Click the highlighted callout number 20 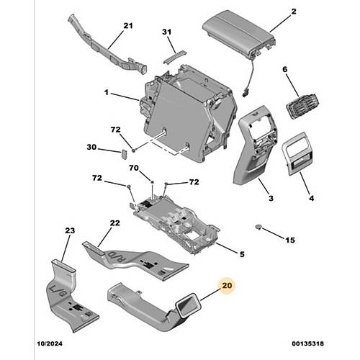click(x=227, y=285)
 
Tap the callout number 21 click(x=128, y=25)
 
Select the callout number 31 click(x=167, y=32)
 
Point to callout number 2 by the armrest click(x=294, y=12)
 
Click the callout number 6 click(x=284, y=69)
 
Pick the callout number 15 click(x=290, y=240)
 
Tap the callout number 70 click(x=134, y=168)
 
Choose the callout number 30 click(x=91, y=147)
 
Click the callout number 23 click(x=70, y=230)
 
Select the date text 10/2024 click(x=50, y=343)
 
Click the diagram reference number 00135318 click(x=307, y=343)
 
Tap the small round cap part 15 click(x=258, y=227)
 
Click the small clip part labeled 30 click(x=124, y=154)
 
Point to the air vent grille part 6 click(x=302, y=106)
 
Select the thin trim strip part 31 click(x=174, y=57)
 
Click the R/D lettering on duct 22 click(x=117, y=256)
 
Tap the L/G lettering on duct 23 click(x=58, y=290)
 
